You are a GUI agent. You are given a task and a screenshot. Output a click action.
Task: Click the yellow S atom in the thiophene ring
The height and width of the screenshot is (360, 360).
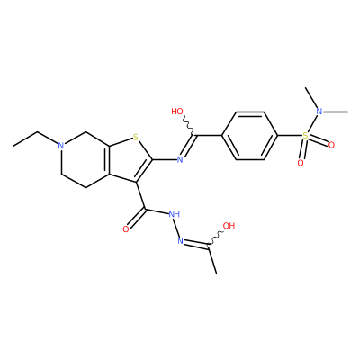[136, 138]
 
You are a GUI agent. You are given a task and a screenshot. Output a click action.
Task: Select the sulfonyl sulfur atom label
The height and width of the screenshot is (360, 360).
[305, 136]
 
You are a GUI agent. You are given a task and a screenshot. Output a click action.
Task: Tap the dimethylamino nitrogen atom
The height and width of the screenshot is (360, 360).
[319, 112]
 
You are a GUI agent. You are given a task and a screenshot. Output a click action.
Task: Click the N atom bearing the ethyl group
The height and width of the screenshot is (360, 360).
[61, 146]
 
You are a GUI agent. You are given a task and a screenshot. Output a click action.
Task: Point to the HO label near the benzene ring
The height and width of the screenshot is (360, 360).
[177, 112]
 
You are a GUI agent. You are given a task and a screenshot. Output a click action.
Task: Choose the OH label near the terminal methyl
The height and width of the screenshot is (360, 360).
[229, 226]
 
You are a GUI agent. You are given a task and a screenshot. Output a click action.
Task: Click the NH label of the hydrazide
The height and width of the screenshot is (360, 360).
[174, 214]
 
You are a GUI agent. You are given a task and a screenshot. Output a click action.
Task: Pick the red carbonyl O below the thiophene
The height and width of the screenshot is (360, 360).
[126, 229]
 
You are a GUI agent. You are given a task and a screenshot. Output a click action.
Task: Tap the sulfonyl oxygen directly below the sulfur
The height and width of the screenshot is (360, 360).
[301, 163]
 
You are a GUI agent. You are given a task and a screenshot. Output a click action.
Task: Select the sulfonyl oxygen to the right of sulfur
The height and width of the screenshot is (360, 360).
[331, 145]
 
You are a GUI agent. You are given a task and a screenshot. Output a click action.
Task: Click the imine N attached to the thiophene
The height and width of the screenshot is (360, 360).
[180, 159]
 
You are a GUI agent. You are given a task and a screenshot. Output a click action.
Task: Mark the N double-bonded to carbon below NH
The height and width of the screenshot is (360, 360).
[180, 240]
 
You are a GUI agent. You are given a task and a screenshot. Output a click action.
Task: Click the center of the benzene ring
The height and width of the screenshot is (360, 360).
[249, 136]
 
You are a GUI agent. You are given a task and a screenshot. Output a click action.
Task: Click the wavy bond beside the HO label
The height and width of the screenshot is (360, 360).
[189, 125]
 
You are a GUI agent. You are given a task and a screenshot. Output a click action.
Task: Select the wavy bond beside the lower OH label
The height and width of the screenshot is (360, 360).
[215, 238]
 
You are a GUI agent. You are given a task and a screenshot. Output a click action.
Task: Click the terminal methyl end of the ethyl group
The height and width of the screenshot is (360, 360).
[13, 147]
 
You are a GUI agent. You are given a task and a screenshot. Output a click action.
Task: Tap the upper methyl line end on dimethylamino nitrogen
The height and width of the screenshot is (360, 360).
[305, 88]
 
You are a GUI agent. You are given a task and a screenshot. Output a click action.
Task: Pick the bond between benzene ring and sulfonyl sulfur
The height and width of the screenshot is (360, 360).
[290, 136]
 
